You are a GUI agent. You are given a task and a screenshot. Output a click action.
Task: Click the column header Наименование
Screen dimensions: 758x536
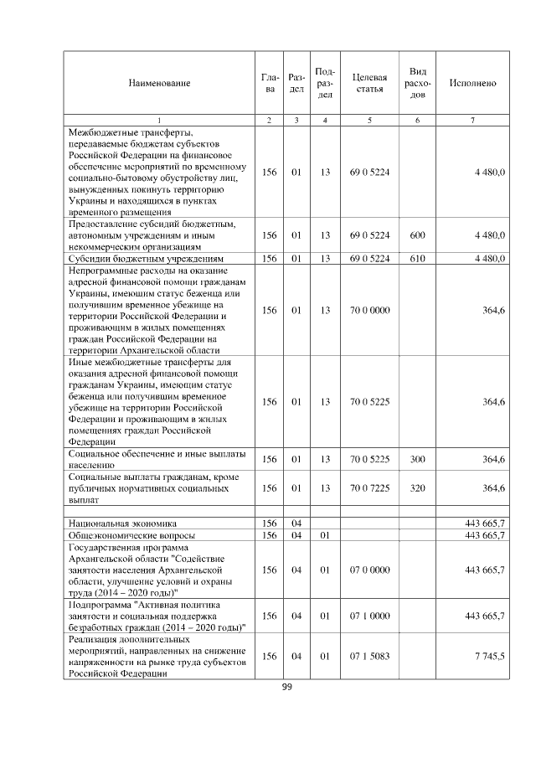(159, 83)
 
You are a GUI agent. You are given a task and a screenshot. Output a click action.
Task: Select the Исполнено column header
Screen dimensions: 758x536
(472, 83)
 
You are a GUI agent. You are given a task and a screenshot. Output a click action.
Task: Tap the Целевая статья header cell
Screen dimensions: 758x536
(369, 83)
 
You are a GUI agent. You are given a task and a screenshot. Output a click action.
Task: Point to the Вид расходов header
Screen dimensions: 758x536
(417, 83)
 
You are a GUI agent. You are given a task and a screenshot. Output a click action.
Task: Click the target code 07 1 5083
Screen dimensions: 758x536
(369, 656)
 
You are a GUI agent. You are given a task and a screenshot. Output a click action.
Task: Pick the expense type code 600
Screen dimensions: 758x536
(417, 236)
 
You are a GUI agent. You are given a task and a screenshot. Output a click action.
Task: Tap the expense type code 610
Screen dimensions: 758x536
(417, 258)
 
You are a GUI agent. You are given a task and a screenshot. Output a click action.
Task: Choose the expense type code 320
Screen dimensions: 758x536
(417, 487)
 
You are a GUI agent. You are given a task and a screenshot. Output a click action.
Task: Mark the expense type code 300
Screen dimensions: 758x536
(417, 459)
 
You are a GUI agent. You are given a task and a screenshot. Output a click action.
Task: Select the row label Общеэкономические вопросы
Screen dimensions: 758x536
(131, 534)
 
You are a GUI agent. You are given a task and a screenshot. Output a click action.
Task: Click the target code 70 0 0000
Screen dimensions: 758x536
(369, 310)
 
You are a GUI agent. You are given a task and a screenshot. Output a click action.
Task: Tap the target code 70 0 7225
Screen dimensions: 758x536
(369, 487)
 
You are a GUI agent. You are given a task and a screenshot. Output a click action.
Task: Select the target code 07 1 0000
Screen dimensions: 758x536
(369, 616)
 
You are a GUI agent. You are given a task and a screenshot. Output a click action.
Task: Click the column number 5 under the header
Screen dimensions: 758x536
(369, 120)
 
